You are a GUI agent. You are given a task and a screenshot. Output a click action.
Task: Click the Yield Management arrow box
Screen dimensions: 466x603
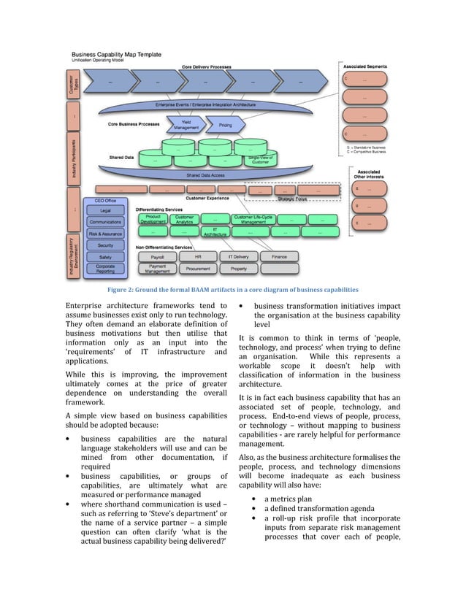pos(183,126)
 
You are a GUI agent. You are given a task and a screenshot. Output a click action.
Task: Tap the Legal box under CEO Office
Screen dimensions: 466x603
pos(106,210)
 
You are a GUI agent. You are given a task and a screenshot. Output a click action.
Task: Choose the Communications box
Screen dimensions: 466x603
pos(106,222)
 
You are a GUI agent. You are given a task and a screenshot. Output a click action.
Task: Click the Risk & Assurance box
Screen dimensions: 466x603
pos(106,234)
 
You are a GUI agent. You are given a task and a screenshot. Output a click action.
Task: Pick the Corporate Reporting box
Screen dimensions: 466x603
pos(106,269)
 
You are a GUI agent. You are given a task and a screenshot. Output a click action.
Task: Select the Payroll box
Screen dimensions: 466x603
pos(157,257)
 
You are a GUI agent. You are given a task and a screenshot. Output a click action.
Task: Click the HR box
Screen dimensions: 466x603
pos(198,257)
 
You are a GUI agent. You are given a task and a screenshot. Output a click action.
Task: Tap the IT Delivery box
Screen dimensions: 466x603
pos(239,257)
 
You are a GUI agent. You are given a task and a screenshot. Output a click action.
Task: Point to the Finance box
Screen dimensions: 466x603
pos(279,257)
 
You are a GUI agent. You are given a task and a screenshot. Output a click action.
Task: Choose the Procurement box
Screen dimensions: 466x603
pos(198,269)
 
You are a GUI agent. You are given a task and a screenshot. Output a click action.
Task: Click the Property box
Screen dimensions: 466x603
pos(239,269)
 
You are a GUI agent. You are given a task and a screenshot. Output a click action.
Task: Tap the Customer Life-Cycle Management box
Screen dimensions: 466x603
pos(253,219)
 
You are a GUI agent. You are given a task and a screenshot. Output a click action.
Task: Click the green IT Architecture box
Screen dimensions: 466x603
pos(215,232)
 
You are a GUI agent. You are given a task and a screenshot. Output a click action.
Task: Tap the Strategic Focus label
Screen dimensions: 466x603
pos(292,198)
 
